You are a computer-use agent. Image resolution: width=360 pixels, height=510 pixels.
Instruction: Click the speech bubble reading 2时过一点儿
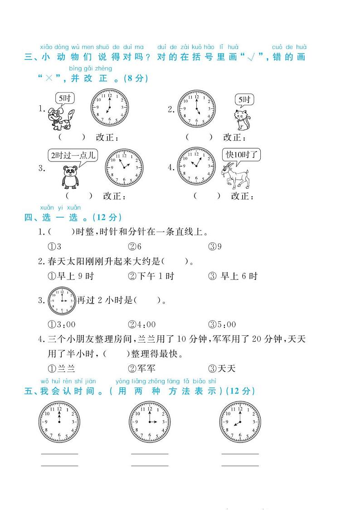tap(73, 155)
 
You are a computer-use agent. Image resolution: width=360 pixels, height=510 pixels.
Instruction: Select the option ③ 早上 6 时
tap(233, 276)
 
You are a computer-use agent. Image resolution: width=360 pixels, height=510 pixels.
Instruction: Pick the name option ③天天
tap(222, 368)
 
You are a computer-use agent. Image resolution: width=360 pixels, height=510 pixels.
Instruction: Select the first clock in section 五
tap(58, 422)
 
